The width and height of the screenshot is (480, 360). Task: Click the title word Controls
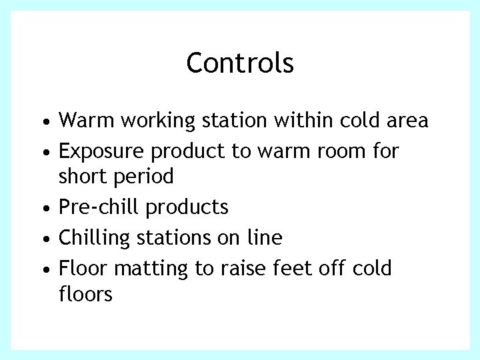[x=240, y=63]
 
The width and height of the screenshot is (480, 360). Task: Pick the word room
[x=337, y=152]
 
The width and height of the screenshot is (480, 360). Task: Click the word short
[x=82, y=177]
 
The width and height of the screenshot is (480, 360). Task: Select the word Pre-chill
[x=100, y=207]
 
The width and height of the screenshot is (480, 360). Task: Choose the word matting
[x=152, y=269]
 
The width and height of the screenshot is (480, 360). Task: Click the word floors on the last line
[x=85, y=293]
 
